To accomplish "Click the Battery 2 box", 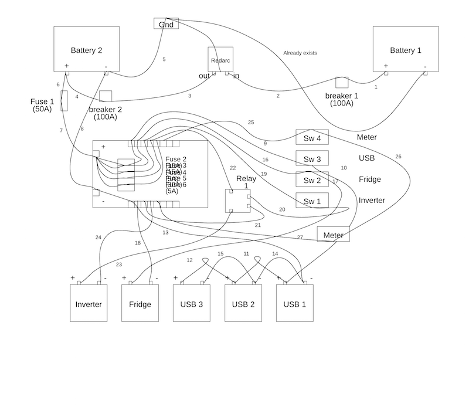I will pyautogui.click(x=86, y=50).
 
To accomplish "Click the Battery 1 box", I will pyautogui.click(x=406, y=50).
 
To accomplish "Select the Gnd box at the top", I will pyautogui.click(x=166, y=23).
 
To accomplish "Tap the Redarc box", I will pyautogui.click(x=220, y=60).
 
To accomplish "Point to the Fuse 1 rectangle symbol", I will pyautogui.click(x=64, y=101).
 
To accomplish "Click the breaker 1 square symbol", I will pyautogui.click(x=341, y=83).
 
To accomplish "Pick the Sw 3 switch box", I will pyautogui.click(x=312, y=158).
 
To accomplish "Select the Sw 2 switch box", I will pyautogui.click(x=312, y=179).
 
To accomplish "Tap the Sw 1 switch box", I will pyautogui.click(x=312, y=201).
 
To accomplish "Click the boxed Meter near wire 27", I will pyautogui.click(x=333, y=234).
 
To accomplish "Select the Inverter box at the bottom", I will pyautogui.click(x=89, y=303).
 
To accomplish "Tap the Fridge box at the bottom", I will pyautogui.click(x=140, y=303).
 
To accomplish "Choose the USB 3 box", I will pyautogui.click(x=192, y=303).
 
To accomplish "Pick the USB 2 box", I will pyautogui.click(x=243, y=303).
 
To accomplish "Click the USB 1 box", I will pyautogui.click(x=295, y=303).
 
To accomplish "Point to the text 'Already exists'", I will pyautogui.click(x=300, y=53).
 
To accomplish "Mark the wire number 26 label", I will pyautogui.click(x=399, y=157).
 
